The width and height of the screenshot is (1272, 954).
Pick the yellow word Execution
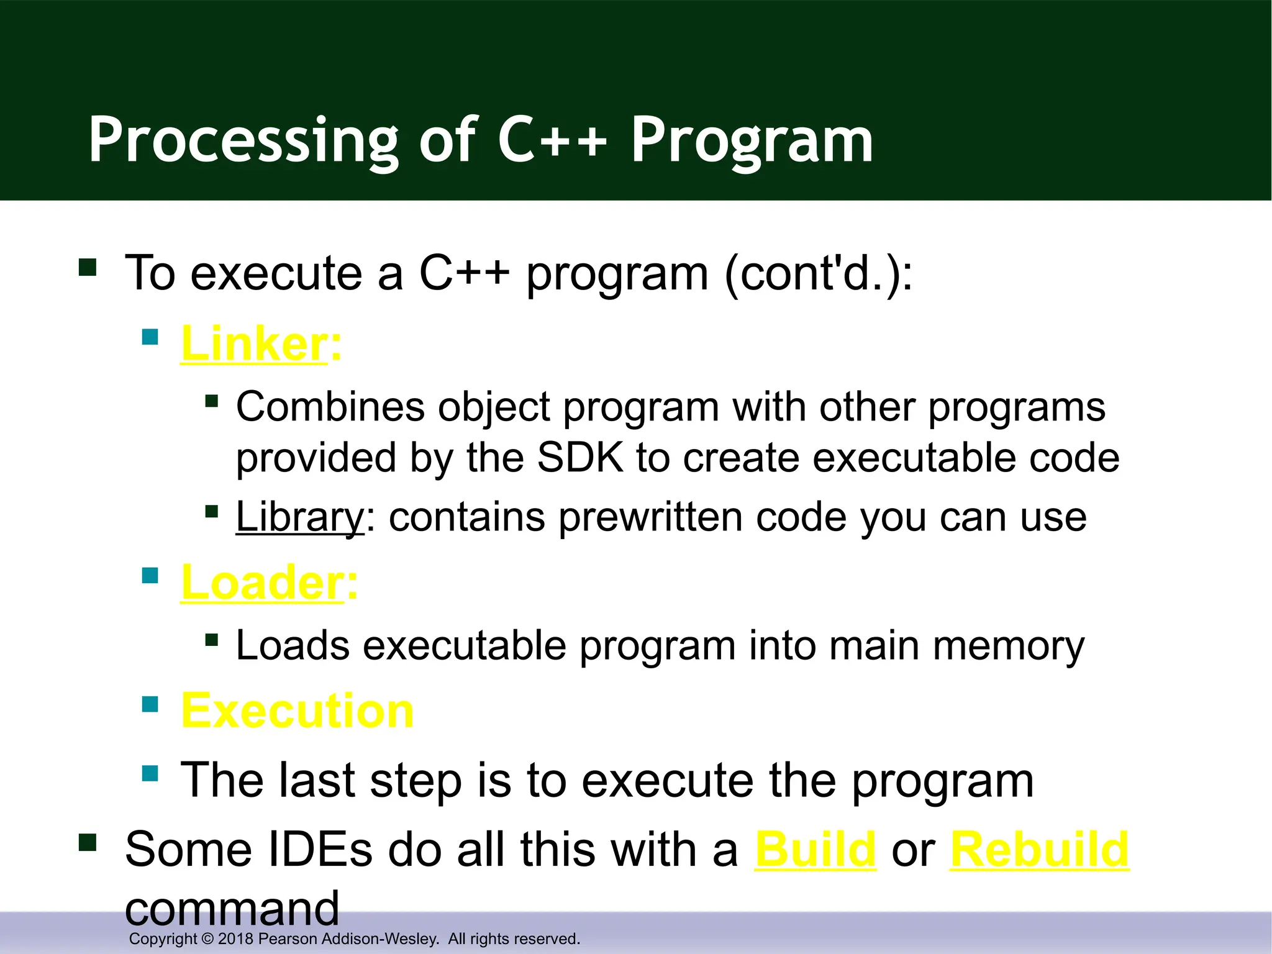297,711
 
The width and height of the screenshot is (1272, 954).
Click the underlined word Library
299,517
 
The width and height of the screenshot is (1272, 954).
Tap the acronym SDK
580,458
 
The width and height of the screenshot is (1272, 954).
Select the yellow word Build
815,849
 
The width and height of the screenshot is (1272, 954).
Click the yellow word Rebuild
1039,849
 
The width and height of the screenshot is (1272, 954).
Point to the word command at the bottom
232,908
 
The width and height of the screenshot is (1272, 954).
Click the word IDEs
319,849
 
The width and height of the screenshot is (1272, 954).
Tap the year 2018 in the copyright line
235,938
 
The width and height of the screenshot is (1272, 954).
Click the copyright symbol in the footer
207,938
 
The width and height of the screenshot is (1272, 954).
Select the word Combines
330,407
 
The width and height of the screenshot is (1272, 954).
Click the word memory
1009,646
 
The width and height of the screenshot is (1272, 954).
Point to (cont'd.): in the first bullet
818,273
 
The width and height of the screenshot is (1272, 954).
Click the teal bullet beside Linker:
150,337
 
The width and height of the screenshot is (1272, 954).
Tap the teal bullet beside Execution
150,704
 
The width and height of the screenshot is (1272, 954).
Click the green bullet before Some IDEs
88,843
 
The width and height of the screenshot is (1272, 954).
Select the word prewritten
650,517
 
